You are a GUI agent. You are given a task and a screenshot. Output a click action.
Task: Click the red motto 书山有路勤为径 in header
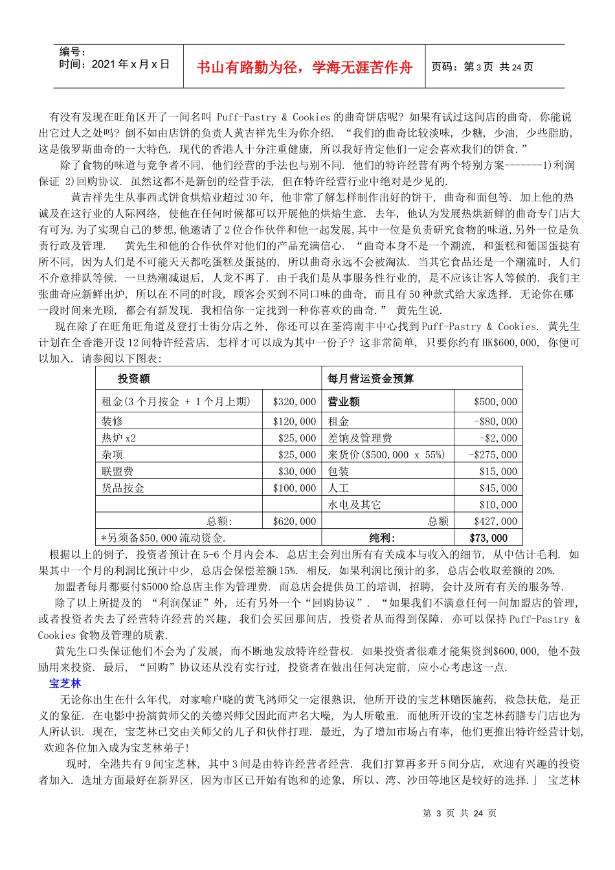coord(304,67)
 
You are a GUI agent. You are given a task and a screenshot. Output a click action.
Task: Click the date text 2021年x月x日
coord(114,64)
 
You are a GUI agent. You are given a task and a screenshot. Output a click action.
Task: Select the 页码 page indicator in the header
coord(482,67)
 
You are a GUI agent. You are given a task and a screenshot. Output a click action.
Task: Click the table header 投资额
coord(133,379)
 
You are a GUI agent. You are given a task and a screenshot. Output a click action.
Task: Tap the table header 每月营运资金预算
coord(370,379)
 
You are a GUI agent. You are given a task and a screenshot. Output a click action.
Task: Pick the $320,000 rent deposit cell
coord(295,402)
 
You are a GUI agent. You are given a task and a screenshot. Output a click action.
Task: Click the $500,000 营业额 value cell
coord(495,402)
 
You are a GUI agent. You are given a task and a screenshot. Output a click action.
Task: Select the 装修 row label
coord(112,421)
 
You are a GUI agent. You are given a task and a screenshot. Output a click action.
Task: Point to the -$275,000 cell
coord(493,455)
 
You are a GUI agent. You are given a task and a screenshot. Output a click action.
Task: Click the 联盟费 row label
coord(117,472)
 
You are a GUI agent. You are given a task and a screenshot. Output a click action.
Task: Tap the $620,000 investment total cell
coord(295,522)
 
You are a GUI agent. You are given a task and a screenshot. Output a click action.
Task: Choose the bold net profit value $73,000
coord(489,538)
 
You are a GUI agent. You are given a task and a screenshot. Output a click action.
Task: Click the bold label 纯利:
coord(382,538)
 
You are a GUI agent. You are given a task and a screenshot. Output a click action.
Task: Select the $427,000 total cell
coord(495,522)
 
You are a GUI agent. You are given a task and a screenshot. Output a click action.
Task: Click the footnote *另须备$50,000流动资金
coord(163,538)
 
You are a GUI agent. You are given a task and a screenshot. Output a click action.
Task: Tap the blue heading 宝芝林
coord(65,684)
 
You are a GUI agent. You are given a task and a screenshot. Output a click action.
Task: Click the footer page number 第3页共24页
coord(460,814)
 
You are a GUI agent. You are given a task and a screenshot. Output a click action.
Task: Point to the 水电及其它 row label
coord(354,505)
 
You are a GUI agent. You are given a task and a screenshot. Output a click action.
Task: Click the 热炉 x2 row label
coord(118,438)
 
